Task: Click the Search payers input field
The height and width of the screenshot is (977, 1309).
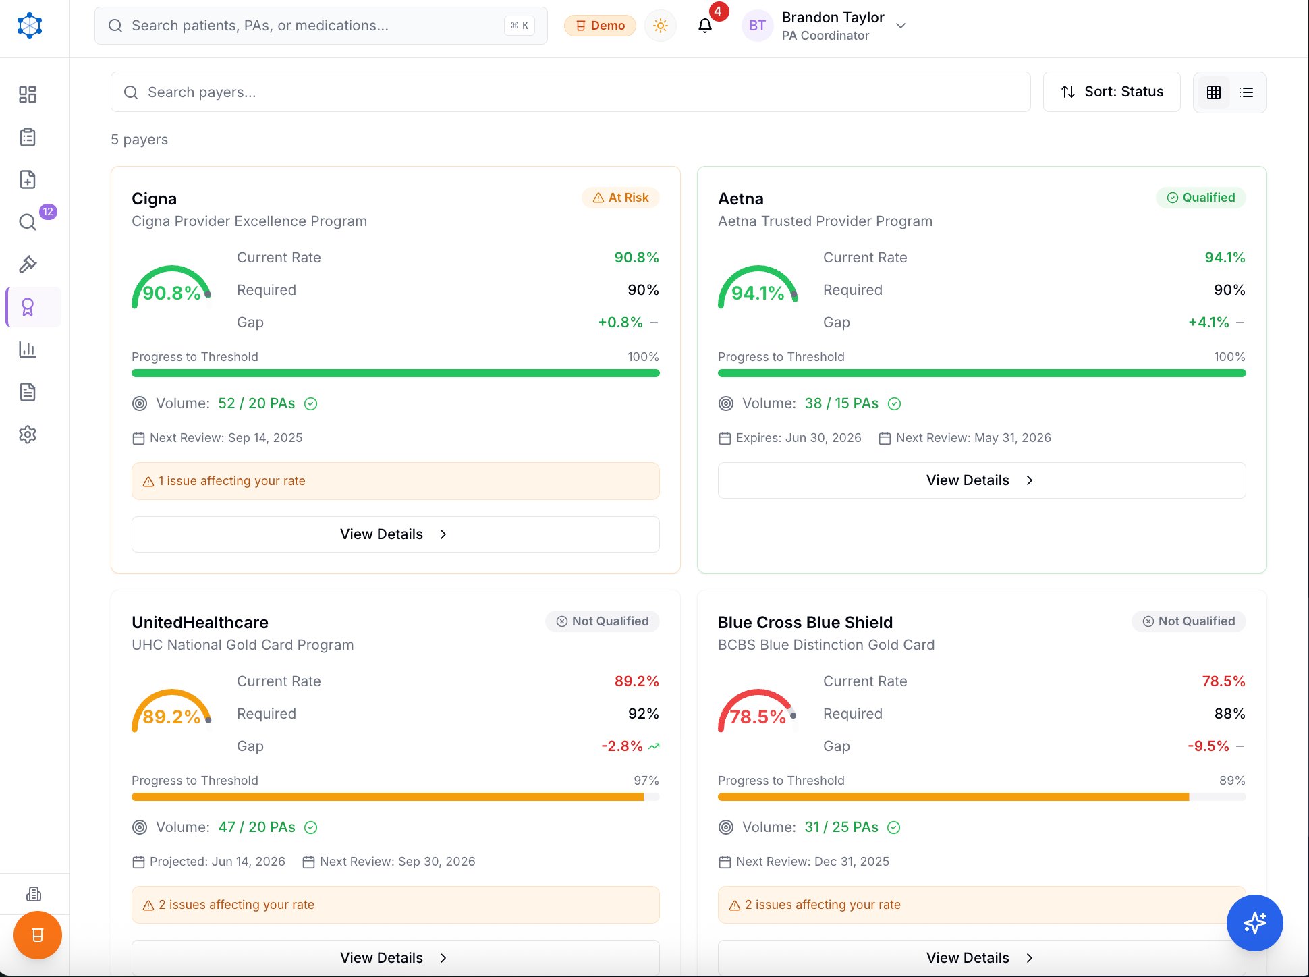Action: pos(570,92)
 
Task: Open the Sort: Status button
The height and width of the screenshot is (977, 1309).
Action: pos(1111,92)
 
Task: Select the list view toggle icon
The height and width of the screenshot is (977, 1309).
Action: pos(1246,92)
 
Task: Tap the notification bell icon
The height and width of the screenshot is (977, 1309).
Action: pos(705,26)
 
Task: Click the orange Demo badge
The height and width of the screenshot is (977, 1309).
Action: pos(600,26)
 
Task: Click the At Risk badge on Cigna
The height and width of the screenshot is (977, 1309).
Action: pos(620,198)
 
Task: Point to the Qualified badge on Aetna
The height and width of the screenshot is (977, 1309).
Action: pos(1200,198)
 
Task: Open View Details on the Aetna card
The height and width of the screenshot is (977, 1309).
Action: pos(981,480)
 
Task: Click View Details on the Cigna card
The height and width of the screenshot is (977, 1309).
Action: pos(395,534)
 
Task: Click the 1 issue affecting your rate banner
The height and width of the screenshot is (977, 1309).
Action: pos(395,481)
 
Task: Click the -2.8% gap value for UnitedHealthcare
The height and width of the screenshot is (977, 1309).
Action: pos(621,746)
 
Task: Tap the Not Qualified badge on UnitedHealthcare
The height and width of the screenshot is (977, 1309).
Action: pos(602,621)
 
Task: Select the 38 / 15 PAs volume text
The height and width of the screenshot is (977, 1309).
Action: pos(841,403)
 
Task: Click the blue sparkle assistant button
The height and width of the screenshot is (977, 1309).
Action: pos(1254,922)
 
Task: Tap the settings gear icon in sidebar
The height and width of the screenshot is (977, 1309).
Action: pos(28,435)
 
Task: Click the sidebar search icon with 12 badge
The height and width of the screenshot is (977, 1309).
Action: pos(28,222)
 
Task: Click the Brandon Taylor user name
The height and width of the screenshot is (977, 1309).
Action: pos(833,18)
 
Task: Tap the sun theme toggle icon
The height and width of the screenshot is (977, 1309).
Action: pos(660,26)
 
